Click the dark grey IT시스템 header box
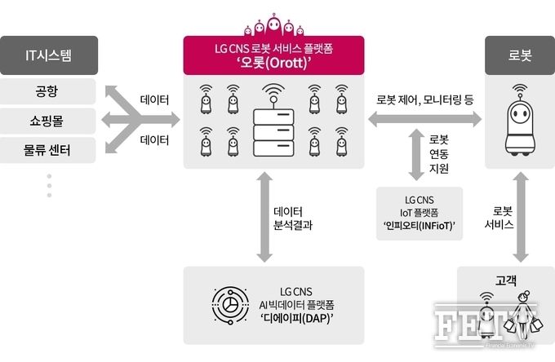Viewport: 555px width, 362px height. pos(49,55)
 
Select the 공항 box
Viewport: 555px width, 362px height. pos(47,91)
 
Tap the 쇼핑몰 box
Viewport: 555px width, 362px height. pos(47,121)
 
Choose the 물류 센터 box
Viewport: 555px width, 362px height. pos(47,150)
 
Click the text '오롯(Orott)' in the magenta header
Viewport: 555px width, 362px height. pos(274,63)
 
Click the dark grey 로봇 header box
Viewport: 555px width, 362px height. pos(520,55)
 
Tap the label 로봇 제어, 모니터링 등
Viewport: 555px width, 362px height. pos(424,100)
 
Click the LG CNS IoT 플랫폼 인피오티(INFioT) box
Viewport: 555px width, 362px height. pos(420,214)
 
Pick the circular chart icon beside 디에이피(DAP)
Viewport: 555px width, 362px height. pos(230,306)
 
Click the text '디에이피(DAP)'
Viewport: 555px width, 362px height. pos(296,318)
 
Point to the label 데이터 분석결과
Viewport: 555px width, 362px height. pos(293,219)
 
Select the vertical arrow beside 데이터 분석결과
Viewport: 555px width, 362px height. pos(264,217)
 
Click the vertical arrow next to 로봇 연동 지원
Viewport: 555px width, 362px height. pos(416,155)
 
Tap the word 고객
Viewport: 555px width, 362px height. pos(506,280)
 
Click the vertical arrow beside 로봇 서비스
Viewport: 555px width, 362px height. pos(521,217)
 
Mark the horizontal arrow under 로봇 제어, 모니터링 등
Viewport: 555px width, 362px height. pos(424,120)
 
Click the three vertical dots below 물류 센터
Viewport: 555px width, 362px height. pos(49,186)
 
